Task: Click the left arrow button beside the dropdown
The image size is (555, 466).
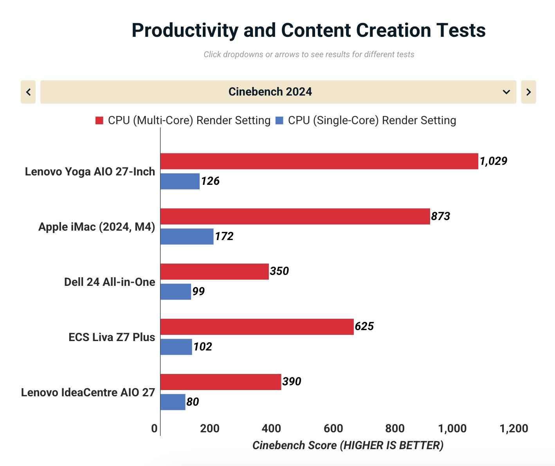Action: tap(28, 92)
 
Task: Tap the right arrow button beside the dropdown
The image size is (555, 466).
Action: tap(528, 92)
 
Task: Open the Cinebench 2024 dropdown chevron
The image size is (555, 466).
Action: tap(506, 92)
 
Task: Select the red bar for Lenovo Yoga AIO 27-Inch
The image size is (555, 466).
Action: tap(319, 161)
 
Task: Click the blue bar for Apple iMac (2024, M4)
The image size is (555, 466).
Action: tap(187, 237)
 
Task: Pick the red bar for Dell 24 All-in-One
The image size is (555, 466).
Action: tap(214, 272)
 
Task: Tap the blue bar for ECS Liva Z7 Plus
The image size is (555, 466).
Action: tap(176, 347)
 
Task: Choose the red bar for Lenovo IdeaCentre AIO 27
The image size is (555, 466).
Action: tap(221, 382)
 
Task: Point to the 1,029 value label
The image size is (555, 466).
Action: tap(493, 161)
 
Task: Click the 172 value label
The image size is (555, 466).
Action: tap(224, 236)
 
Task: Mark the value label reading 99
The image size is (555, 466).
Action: tap(198, 291)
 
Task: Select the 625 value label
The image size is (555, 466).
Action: tap(364, 326)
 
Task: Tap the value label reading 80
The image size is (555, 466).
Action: tap(193, 402)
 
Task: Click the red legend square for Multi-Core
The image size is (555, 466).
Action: tap(99, 121)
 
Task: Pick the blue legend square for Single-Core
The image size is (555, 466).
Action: tap(279, 121)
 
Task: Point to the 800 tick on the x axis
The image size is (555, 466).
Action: tap(395, 428)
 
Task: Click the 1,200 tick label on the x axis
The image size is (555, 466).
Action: tap(514, 428)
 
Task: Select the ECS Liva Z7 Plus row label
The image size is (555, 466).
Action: tap(112, 337)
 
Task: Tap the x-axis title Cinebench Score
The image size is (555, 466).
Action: tap(294, 445)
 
